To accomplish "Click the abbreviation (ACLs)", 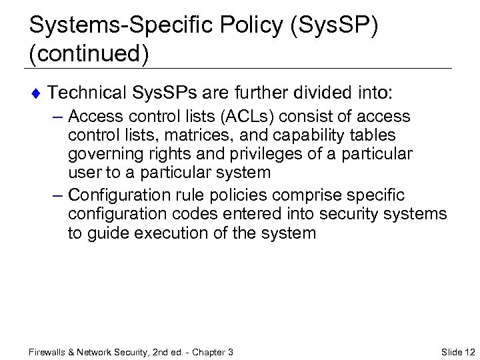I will (239, 117).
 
